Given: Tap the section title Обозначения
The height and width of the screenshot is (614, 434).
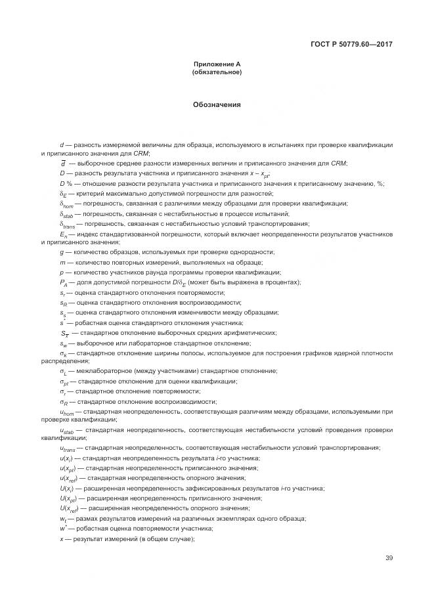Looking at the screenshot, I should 217,104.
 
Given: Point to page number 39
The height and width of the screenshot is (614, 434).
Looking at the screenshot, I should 389,558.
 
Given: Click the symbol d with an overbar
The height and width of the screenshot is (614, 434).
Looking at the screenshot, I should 62,163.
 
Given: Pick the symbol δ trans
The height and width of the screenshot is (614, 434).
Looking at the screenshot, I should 67,225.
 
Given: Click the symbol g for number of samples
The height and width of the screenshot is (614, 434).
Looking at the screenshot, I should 61,253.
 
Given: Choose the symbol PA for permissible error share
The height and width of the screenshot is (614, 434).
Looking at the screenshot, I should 64,282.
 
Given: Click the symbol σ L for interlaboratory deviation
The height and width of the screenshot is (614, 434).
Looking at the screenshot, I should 64,372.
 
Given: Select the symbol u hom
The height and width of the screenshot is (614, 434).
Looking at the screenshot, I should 66,412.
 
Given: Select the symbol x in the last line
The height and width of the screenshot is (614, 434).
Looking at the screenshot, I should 61,538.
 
